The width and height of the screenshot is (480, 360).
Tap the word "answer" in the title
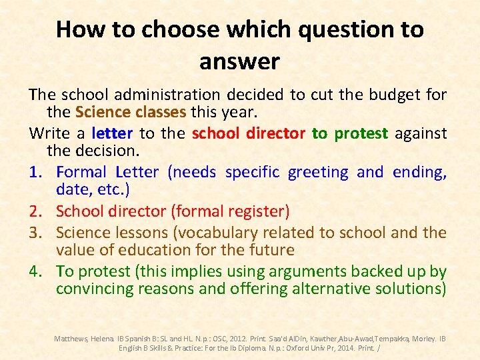[x=239, y=62]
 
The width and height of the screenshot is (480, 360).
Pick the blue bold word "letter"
[x=113, y=133]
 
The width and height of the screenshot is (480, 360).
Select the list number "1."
[x=38, y=173]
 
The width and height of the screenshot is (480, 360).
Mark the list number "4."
[x=38, y=272]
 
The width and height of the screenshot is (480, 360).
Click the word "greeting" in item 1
[x=318, y=173]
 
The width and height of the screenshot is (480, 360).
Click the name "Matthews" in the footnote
[x=71, y=339]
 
